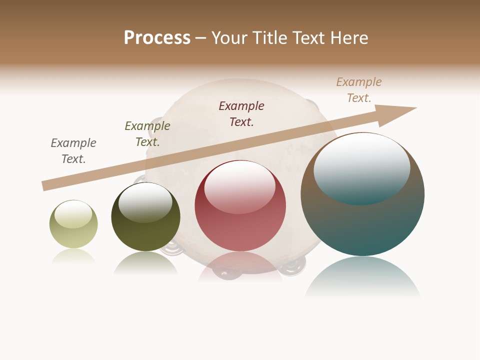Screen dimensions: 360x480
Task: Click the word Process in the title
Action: pyautogui.click(x=157, y=38)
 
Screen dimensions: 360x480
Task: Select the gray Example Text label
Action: pyautogui.click(x=73, y=151)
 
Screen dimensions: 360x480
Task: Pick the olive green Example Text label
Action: pyautogui.click(x=147, y=134)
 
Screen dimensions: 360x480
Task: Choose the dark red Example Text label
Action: pyautogui.click(x=241, y=114)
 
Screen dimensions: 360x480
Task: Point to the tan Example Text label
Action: pyautogui.click(x=359, y=90)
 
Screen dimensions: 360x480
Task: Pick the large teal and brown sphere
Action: pyautogui.click(x=362, y=220)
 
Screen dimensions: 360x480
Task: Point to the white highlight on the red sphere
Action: pyautogui.click(x=240, y=186)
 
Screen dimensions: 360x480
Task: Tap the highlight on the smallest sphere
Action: pyautogui.click(x=73, y=214)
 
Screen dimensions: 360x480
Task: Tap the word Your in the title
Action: pyautogui.click(x=231, y=38)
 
